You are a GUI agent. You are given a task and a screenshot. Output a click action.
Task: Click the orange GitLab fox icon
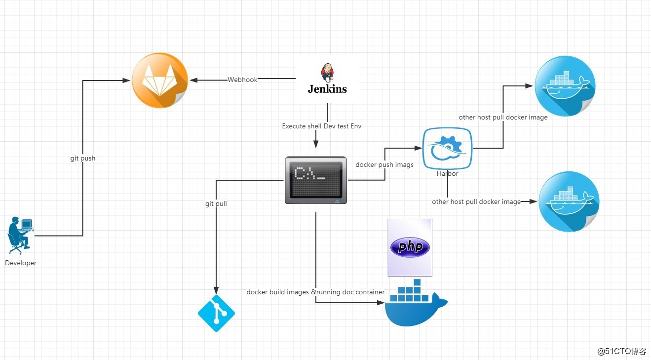click(160, 80)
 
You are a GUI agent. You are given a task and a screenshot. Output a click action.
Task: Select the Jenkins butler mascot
click(328, 72)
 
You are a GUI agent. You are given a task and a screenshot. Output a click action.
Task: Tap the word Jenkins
click(327, 89)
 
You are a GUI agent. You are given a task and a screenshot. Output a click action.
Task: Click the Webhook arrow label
click(242, 80)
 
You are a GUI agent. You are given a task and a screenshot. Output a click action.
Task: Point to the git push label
click(83, 158)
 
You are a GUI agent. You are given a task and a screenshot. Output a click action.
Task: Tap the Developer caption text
click(21, 263)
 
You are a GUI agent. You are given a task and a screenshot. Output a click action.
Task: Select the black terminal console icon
click(316, 180)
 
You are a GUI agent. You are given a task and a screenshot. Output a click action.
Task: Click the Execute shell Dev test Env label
click(322, 126)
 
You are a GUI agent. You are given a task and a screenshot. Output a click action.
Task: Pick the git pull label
click(216, 203)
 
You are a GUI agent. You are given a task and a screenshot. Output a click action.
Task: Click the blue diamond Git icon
click(216, 313)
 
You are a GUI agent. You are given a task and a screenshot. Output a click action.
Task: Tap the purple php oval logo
click(410, 247)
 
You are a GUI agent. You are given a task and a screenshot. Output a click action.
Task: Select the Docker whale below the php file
click(416, 303)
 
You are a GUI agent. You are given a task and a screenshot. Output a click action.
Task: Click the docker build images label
click(315, 292)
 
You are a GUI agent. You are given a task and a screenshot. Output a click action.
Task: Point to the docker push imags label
click(384, 164)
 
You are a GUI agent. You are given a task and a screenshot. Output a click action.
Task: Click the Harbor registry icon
click(447, 148)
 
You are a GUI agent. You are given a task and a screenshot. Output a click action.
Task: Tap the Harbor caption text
click(447, 174)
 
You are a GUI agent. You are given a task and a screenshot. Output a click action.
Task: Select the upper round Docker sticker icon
click(565, 86)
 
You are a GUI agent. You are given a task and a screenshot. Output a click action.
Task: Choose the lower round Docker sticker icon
click(569, 201)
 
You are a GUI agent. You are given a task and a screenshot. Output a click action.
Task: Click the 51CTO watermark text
click(622, 351)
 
